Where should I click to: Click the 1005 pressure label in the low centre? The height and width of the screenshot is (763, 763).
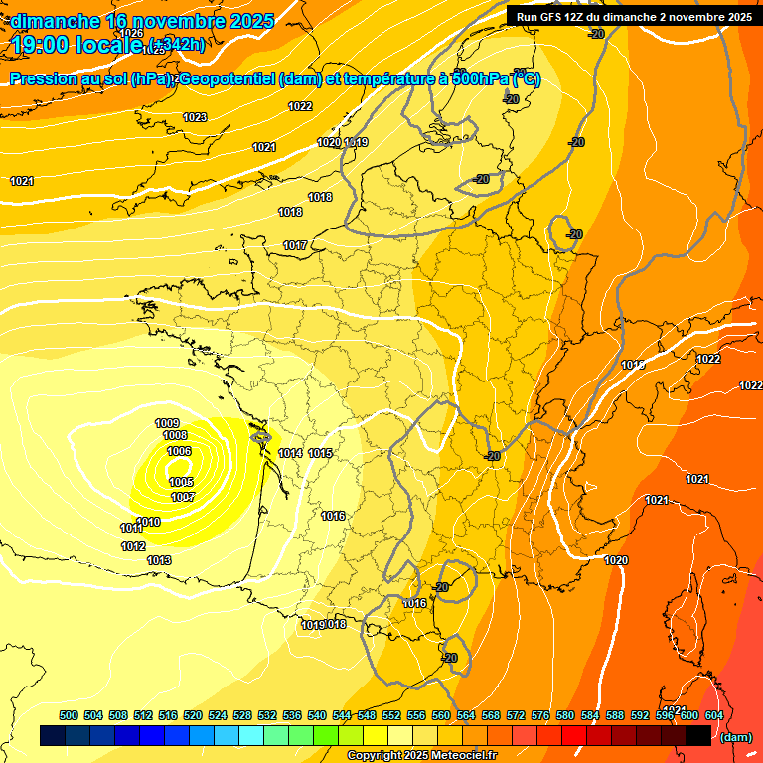181,482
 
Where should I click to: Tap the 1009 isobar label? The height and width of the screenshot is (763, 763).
167,424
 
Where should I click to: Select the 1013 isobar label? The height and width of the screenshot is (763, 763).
159,561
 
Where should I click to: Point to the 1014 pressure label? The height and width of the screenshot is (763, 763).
290,454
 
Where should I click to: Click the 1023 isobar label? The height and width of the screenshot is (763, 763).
195,118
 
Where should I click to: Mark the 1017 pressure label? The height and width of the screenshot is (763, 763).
295,245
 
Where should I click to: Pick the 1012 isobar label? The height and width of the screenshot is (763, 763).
133,547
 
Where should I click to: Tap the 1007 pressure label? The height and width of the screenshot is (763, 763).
182,497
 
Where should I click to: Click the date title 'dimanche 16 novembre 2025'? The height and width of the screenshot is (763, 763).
135,20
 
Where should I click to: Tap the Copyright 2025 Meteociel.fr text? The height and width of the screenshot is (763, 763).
421,756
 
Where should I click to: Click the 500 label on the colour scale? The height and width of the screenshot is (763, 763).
69,715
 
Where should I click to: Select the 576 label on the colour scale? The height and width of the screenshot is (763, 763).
540,715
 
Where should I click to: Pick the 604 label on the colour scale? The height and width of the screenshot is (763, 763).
713,715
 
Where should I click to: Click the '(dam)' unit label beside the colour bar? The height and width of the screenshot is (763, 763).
735,737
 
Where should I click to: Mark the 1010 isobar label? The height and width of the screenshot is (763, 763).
149,523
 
